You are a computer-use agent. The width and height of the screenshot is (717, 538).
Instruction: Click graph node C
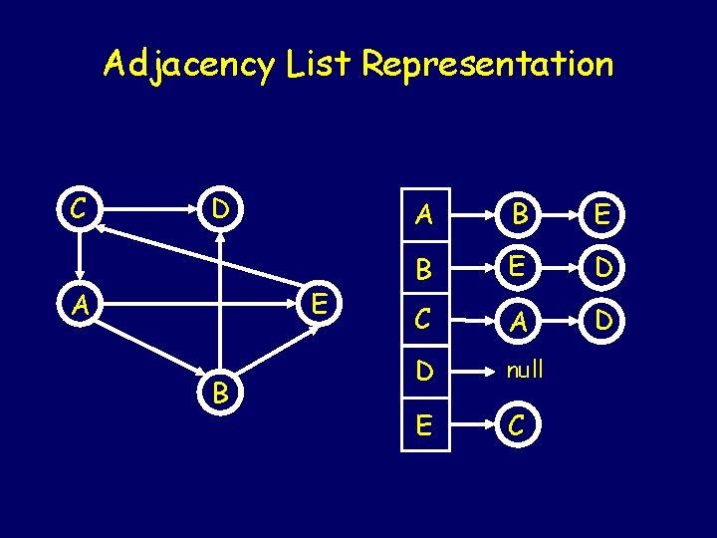click(x=77, y=210)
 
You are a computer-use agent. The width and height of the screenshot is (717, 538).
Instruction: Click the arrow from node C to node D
click(x=149, y=211)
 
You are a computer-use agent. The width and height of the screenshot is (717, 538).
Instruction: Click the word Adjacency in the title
click(x=187, y=65)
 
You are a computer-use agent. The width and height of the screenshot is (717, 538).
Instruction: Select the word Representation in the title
click(x=488, y=65)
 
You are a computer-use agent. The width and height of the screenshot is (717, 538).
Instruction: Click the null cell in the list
click(x=525, y=370)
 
